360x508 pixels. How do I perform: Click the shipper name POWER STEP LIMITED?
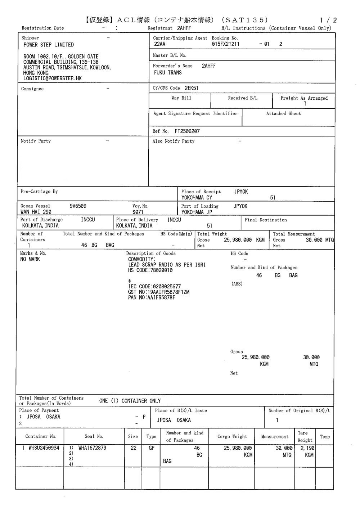pos(48,45)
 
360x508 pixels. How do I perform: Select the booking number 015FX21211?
pos(226,44)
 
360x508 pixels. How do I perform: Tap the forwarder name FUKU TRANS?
pos(167,73)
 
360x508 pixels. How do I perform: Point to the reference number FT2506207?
pos(187,131)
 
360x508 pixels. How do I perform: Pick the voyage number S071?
pos(138,212)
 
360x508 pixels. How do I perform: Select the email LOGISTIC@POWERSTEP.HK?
pos(53,78)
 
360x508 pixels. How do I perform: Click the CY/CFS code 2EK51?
pos(191,88)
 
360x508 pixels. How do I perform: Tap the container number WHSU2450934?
pos(44,448)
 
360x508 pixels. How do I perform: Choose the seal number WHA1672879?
pos(92,448)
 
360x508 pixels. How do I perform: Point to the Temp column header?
pos(325,437)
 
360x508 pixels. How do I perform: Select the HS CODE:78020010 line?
pos(150,270)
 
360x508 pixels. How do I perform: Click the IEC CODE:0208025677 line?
pos(154,287)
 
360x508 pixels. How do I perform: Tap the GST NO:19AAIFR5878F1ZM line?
pos(158,292)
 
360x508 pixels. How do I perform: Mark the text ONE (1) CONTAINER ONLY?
pos(130,401)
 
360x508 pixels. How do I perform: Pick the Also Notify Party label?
pos(173,141)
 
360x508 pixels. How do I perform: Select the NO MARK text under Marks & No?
pos(30,259)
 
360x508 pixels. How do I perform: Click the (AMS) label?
pos(237,284)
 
